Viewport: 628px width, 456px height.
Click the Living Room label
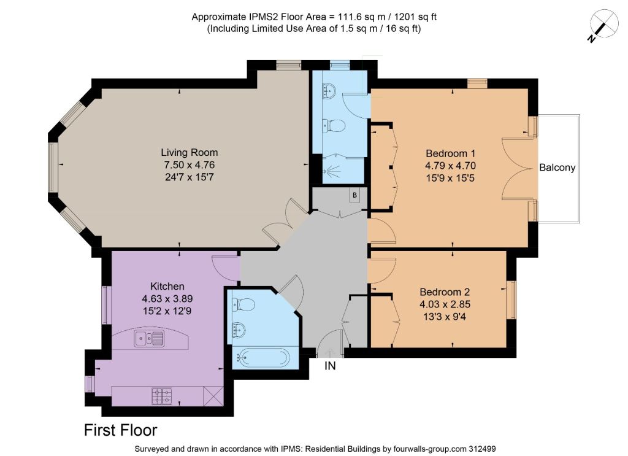coord(190,152)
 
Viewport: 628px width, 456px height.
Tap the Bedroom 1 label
coord(451,153)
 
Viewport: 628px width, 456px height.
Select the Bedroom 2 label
coord(445,292)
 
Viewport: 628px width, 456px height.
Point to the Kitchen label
coord(167,286)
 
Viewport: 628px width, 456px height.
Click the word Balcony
coord(557,168)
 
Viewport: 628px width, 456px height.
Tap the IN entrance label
coord(330,366)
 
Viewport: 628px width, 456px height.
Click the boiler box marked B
coord(354,195)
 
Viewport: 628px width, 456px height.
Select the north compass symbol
coord(604,25)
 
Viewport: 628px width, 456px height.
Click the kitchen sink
coord(149,339)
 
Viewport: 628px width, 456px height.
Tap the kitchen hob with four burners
coord(162,396)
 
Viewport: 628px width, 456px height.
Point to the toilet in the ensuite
coord(334,126)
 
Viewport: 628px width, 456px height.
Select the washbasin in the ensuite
coord(329,91)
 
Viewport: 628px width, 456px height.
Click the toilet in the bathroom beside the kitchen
coord(243,304)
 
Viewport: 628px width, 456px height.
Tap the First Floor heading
coord(121,430)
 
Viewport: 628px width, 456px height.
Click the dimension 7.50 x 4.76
coord(190,164)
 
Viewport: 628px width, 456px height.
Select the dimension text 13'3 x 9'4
coord(445,317)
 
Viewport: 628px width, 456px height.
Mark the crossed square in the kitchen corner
coord(213,396)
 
